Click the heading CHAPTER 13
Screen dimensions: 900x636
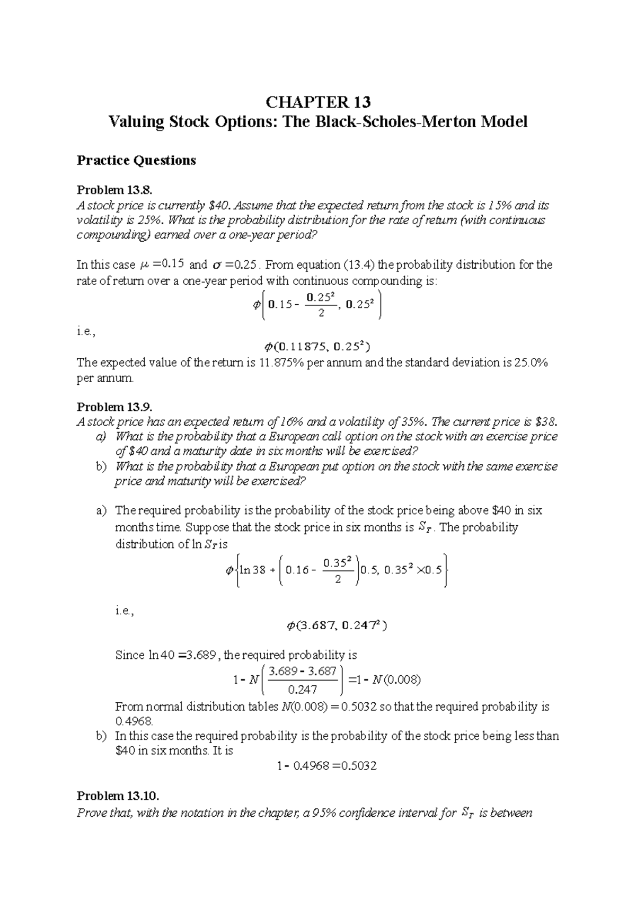point(318,102)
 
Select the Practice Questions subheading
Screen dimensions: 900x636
point(136,160)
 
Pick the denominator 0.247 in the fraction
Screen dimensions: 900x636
point(302,690)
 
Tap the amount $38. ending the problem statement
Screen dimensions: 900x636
point(547,422)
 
